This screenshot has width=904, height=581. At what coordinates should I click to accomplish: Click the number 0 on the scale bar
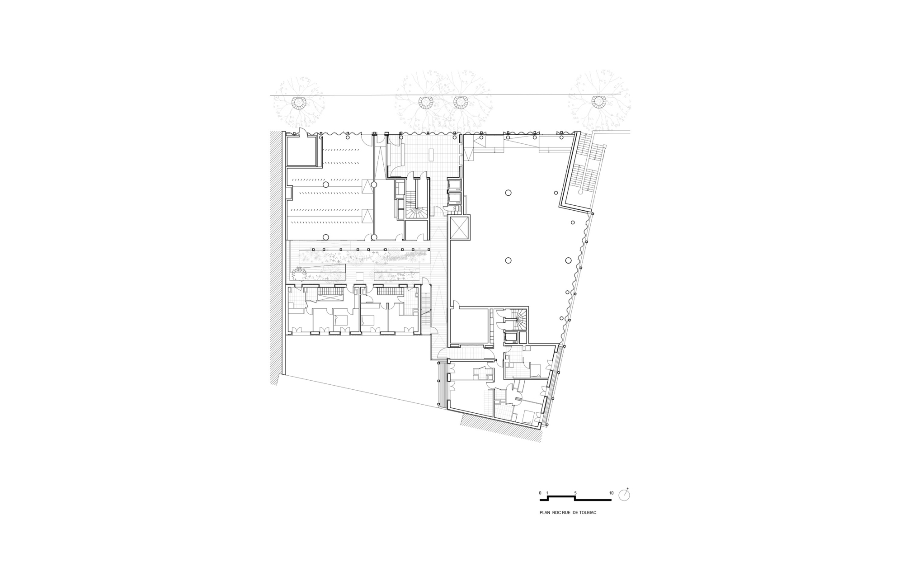[540, 493]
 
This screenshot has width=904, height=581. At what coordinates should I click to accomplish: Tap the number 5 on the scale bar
[575, 493]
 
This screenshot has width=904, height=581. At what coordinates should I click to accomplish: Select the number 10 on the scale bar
[611, 493]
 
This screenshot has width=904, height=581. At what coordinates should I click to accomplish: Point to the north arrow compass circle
[625, 495]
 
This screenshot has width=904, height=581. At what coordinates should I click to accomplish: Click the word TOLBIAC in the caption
[587, 514]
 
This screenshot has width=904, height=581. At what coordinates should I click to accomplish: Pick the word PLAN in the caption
[545, 514]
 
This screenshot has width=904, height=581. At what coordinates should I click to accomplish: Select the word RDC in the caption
[557, 514]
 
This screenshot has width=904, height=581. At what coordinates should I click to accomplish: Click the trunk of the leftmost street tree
[298, 103]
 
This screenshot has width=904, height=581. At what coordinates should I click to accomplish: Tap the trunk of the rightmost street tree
[599, 101]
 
